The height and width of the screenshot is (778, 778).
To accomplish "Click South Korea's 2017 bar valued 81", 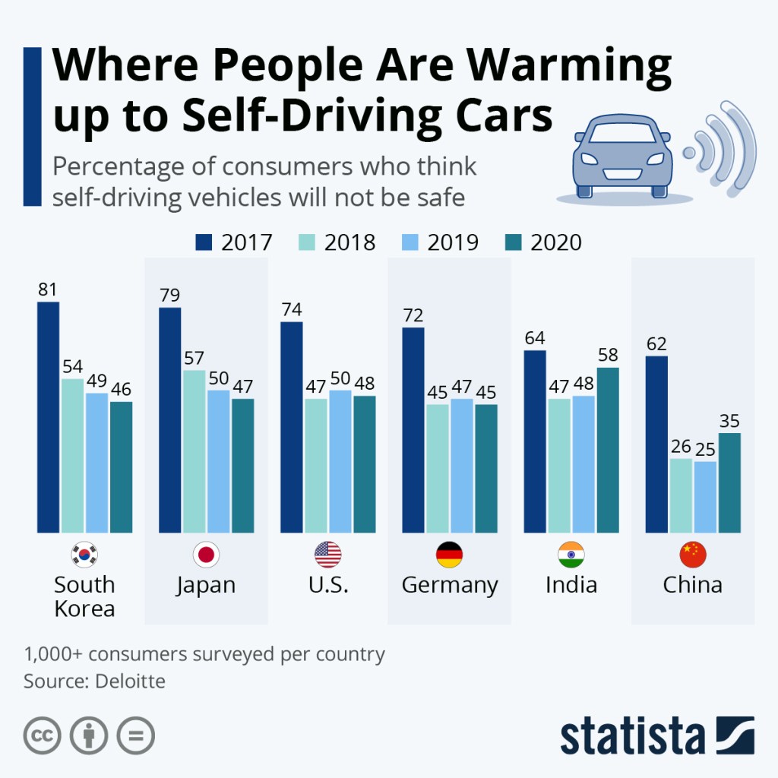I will tap(48, 417).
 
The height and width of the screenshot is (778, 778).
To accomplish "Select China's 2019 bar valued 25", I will tap(704, 497).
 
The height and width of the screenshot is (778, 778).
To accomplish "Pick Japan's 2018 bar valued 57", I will tap(194, 451).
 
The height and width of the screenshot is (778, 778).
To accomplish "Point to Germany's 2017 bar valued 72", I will tap(413, 430).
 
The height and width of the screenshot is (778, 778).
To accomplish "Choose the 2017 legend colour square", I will tap(204, 242).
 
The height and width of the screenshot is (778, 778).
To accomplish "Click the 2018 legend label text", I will tap(349, 242).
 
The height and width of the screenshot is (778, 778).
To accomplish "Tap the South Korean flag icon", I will tap(84, 555).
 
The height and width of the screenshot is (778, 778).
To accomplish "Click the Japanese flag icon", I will tap(206, 555).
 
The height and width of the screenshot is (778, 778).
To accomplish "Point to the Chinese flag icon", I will tap(692, 555).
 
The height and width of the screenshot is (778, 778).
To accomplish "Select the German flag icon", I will tap(449, 555).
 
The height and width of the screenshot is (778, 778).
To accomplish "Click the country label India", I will tap(571, 585).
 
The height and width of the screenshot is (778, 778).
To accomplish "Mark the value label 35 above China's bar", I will tap(729, 421).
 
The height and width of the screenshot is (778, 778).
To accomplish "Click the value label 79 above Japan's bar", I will tap(170, 295).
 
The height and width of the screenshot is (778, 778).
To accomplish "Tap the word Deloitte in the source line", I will tap(130, 680).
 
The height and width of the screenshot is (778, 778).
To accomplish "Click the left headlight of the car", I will tap(590, 160).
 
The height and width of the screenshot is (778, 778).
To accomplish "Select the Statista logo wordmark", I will tap(633, 735).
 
